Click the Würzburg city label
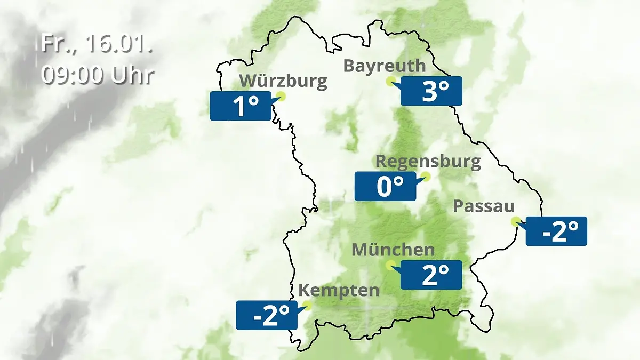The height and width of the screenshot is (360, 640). pyautogui.click(x=283, y=81)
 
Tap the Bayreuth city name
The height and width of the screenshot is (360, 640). pyautogui.click(x=385, y=66)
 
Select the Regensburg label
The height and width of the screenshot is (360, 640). pyautogui.click(x=428, y=161)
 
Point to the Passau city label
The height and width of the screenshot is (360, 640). pyautogui.click(x=484, y=206)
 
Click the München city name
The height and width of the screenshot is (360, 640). pyautogui.click(x=393, y=250)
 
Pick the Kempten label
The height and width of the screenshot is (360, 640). pyautogui.click(x=339, y=291)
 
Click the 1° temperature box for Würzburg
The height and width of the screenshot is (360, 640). pyautogui.click(x=240, y=106)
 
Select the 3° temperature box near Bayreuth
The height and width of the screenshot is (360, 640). pyautogui.click(x=431, y=91)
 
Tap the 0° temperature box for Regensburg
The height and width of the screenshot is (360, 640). pyautogui.click(x=385, y=186)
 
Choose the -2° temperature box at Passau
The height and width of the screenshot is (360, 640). pyautogui.click(x=556, y=231)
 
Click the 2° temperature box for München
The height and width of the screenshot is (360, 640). pyautogui.click(x=431, y=275)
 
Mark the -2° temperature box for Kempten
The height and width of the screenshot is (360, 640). pyautogui.click(x=267, y=315)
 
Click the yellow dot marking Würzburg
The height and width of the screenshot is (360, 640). pyautogui.click(x=281, y=96)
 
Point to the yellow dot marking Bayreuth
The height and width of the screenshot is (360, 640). pyautogui.click(x=391, y=81)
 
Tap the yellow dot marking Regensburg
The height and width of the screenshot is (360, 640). pyautogui.click(x=426, y=176)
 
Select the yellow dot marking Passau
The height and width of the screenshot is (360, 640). pyautogui.click(x=515, y=221)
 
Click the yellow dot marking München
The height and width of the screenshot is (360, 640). pyautogui.click(x=390, y=264)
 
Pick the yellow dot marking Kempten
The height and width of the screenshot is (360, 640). pyautogui.click(x=307, y=305)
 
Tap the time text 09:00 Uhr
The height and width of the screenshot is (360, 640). pyautogui.click(x=97, y=75)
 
